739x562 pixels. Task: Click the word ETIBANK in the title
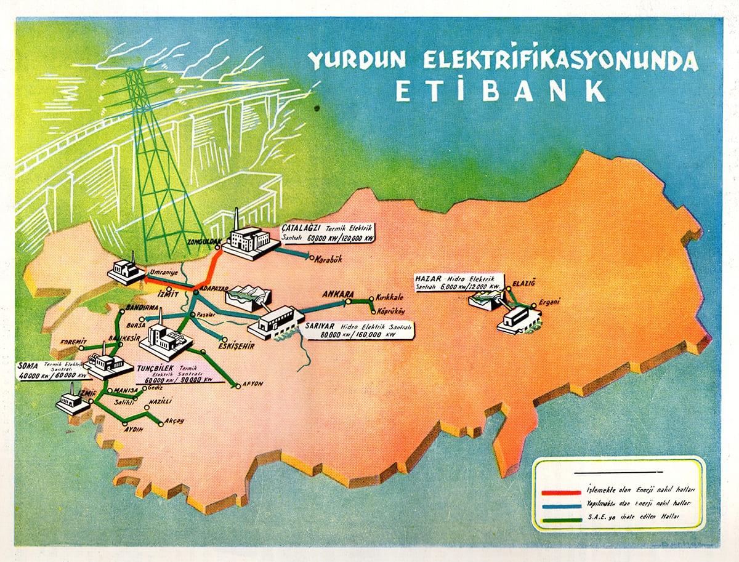click(500, 90)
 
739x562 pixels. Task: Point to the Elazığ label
click(524, 283)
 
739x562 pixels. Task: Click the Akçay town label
click(174, 421)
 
